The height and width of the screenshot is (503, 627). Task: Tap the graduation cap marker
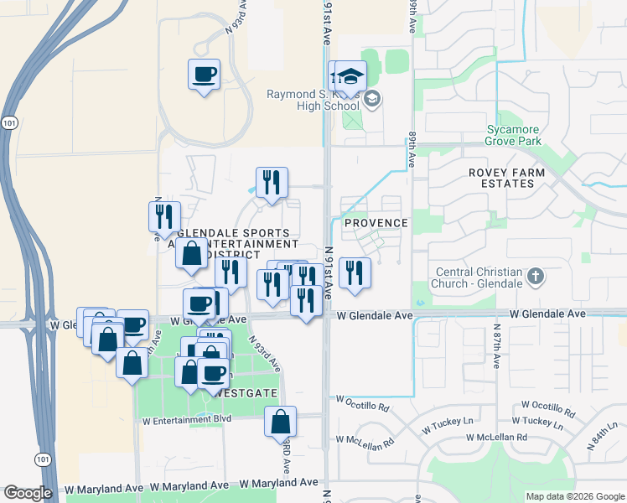[350, 77]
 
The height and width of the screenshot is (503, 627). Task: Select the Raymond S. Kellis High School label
[313, 101]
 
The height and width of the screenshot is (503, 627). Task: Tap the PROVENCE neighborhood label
[376, 223]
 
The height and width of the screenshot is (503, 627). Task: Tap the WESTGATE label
[250, 392]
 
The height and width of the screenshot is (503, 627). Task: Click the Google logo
[28, 493]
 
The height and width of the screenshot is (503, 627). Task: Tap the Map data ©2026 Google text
[575, 496]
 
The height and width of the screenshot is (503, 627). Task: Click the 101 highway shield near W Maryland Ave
[42, 459]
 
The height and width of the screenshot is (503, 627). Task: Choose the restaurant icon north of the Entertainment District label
[272, 183]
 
